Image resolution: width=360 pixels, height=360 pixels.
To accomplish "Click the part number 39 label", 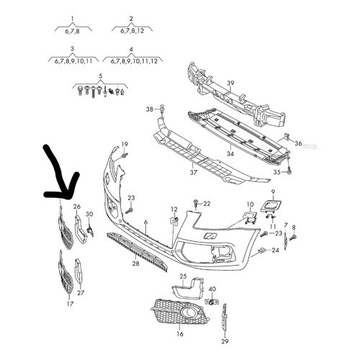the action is tap(230, 84).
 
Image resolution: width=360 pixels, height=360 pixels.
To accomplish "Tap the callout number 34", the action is tap(230, 153).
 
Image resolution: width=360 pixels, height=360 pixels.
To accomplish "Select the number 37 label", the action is tap(194, 172).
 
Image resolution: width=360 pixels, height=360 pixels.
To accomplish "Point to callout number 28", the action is tap(135, 264).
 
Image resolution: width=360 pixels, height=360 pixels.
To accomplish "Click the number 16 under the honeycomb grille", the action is tap(180, 333).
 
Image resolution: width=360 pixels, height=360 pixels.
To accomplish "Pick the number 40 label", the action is tap(212, 289).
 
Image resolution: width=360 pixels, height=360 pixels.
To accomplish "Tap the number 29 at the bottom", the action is tap(225, 341).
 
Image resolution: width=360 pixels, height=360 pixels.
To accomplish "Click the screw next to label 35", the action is tap(289, 171).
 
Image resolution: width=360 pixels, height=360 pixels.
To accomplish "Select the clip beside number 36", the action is tap(287, 137).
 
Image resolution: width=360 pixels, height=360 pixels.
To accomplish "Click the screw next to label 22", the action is tap(196, 203).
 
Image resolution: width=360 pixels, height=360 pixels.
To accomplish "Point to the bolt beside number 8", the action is tap(293, 238).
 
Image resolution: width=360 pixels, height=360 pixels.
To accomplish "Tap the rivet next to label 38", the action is tap(163, 109).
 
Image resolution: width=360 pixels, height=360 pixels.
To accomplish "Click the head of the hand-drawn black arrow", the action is tap(68, 197).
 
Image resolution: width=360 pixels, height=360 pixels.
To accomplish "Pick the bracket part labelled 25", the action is tap(189, 287).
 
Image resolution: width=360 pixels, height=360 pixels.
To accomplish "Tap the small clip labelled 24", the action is tap(261, 251).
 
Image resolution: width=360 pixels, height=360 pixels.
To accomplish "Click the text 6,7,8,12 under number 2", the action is tap(132, 31).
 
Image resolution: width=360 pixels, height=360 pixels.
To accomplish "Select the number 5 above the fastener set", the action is tap(100, 76).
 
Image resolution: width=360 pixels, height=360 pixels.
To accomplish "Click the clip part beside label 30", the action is tap(91, 230).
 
